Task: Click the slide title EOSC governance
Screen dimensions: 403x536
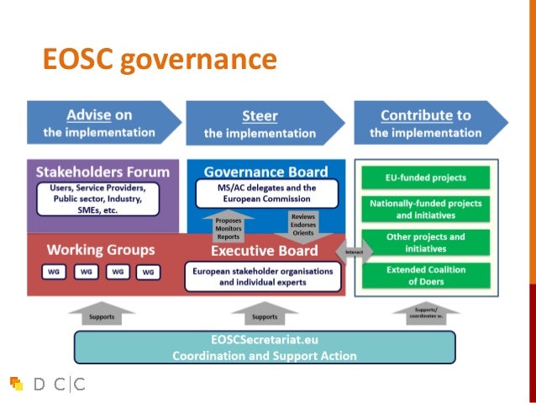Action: click(160, 59)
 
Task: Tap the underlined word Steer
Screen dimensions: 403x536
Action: click(260, 116)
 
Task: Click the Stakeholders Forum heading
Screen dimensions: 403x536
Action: click(102, 172)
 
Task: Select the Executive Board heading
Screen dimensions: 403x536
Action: click(264, 251)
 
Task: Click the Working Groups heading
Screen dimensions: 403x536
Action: click(101, 250)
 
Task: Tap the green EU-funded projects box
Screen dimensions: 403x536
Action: click(426, 178)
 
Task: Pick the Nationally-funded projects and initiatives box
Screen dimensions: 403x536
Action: click(426, 209)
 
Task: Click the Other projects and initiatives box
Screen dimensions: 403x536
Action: click(426, 242)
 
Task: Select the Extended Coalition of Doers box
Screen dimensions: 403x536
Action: click(426, 275)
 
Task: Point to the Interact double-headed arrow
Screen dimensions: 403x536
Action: click(354, 251)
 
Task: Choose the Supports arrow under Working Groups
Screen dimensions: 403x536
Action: click(102, 313)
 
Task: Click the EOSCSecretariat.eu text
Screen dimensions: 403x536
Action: click(265, 340)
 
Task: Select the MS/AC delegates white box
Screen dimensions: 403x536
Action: click(266, 194)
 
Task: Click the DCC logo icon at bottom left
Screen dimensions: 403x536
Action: click(16, 384)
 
